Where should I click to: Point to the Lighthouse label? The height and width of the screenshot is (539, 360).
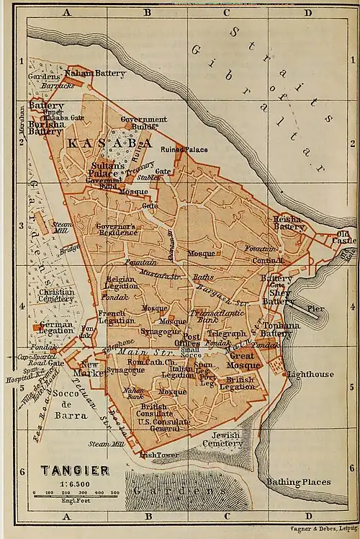[x=310, y=375]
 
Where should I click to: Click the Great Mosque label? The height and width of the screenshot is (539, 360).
[x=243, y=360]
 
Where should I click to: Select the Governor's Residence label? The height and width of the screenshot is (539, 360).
[x=116, y=229]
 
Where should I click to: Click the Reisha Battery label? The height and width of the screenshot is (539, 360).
[x=289, y=221]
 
